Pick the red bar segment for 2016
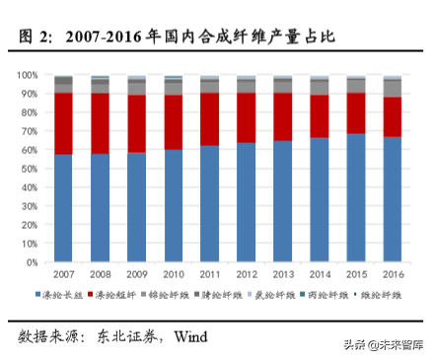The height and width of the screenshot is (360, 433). (393, 117)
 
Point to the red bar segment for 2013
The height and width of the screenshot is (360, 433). (283, 116)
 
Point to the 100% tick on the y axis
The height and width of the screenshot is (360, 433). (28, 75)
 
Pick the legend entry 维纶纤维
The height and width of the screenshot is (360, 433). (384, 295)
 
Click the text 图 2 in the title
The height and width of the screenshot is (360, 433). (36, 37)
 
